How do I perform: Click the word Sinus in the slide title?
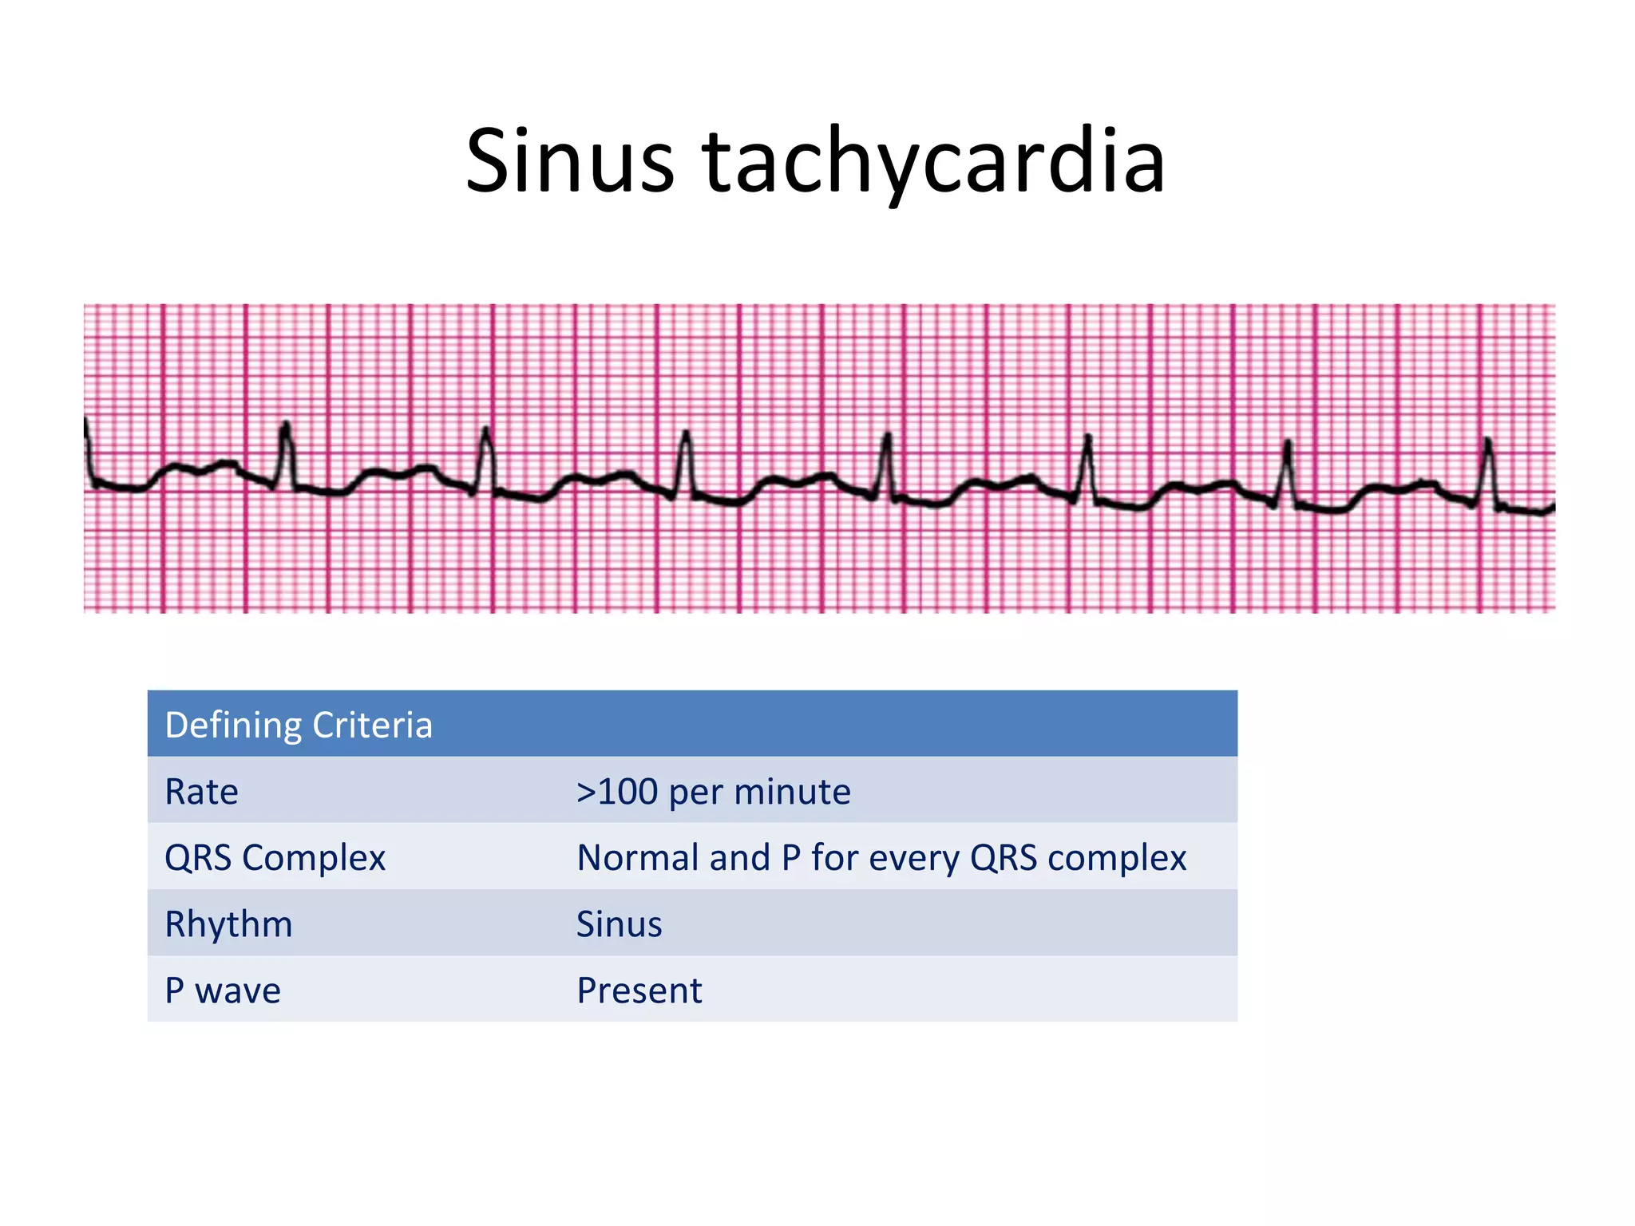[569, 162]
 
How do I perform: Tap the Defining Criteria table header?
[299, 725]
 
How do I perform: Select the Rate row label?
[201, 792]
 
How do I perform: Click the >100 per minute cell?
[714, 792]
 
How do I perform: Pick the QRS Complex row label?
[275, 858]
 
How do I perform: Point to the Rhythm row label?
[228, 924]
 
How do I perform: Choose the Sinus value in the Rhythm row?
[620, 924]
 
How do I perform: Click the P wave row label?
[223, 991]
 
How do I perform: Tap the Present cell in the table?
[639, 991]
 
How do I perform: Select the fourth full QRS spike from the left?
[886, 459]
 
